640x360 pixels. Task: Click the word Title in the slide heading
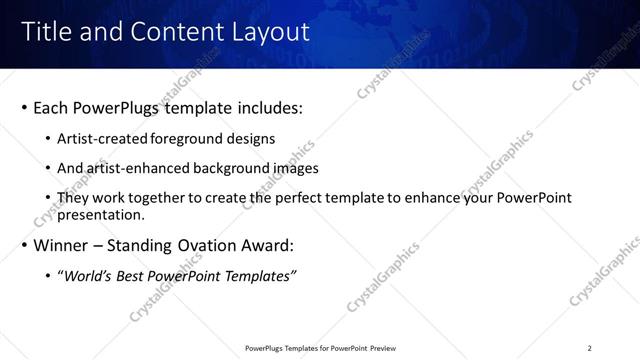pyautogui.click(x=47, y=33)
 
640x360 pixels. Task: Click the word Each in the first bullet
pyautogui.click(x=50, y=108)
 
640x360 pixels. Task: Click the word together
pyautogui.click(x=164, y=198)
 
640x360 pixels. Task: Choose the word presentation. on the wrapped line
pyautogui.click(x=103, y=214)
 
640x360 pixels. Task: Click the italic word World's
pyautogui.click(x=87, y=276)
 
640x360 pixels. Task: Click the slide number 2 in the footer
pyautogui.click(x=590, y=348)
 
